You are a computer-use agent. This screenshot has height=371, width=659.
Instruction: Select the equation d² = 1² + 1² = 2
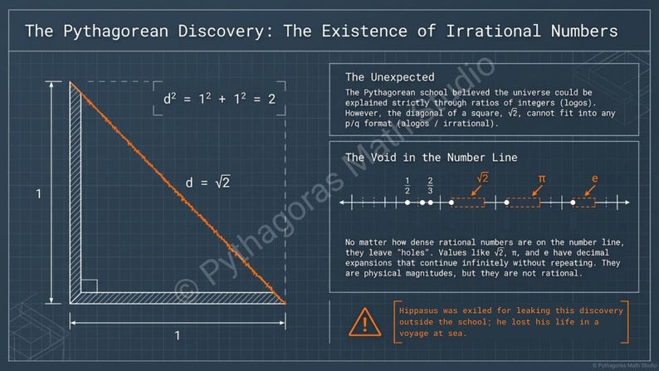[x=218, y=99]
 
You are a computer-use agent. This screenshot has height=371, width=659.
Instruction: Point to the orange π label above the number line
[x=541, y=178]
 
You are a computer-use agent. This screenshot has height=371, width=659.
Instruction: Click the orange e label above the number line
[x=594, y=178]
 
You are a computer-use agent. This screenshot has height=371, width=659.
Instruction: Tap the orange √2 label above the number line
[x=482, y=178]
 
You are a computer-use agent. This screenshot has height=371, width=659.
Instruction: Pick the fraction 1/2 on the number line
[x=408, y=185]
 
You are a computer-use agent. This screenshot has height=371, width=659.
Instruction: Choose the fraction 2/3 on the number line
[x=430, y=185]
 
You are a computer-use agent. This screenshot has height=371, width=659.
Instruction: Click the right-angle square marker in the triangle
[x=89, y=286]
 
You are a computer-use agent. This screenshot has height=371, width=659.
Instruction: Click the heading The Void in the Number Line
[x=431, y=157]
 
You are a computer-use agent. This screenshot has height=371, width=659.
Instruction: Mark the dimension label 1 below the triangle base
[x=177, y=335]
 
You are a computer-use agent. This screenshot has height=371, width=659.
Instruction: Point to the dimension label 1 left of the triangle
[x=38, y=193]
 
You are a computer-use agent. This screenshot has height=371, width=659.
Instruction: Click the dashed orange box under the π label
[x=524, y=202]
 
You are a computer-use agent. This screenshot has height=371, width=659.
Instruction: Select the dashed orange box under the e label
[x=583, y=202]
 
